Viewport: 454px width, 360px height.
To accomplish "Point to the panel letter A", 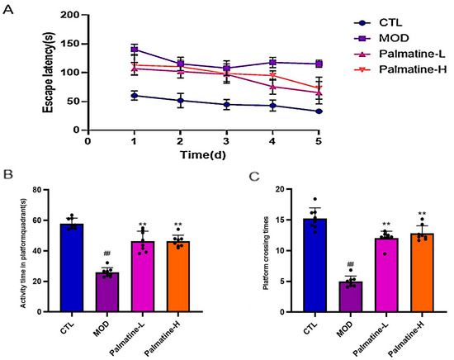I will pos(7,7).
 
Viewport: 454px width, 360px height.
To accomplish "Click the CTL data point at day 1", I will pos(134,95).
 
